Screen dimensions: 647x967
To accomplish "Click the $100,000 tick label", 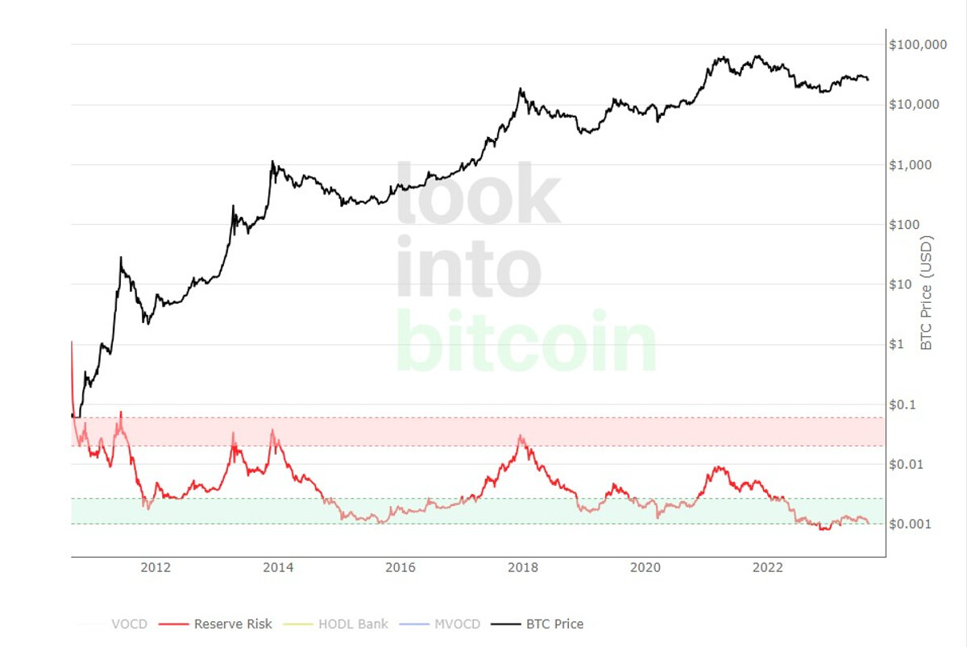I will pyautogui.click(x=918, y=45).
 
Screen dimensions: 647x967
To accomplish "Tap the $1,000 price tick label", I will pyautogui.click(x=911, y=165).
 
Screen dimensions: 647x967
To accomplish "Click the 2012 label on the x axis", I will pyautogui.click(x=156, y=568).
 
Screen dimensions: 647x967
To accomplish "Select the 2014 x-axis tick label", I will pyautogui.click(x=278, y=568).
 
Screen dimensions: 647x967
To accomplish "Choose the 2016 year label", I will pyautogui.click(x=400, y=568).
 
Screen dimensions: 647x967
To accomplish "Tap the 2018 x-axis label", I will pyautogui.click(x=523, y=568).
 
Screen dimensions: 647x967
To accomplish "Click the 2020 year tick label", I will pyautogui.click(x=645, y=568).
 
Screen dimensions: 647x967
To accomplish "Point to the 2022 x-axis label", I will pyautogui.click(x=768, y=568).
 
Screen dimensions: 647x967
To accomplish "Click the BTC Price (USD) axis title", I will pyautogui.click(x=927, y=292).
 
